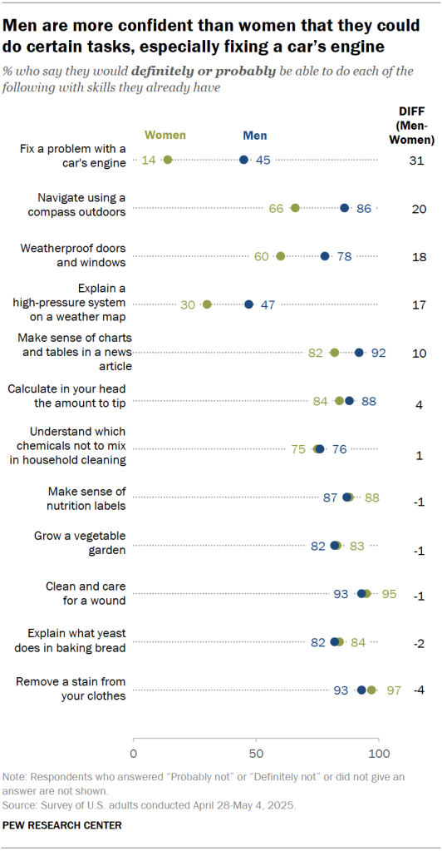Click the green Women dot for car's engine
point(168,160)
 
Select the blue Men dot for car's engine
point(243,160)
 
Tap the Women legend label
point(165,135)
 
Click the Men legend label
point(254,135)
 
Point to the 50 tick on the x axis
point(256,754)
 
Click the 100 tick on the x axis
point(379,754)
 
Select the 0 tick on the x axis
point(134,754)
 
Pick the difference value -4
point(420,690)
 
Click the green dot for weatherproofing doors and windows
point(281,256)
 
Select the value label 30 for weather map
point(188,304)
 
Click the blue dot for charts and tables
point(359,353)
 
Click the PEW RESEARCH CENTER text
point(62,825)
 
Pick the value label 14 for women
point(150,160)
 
